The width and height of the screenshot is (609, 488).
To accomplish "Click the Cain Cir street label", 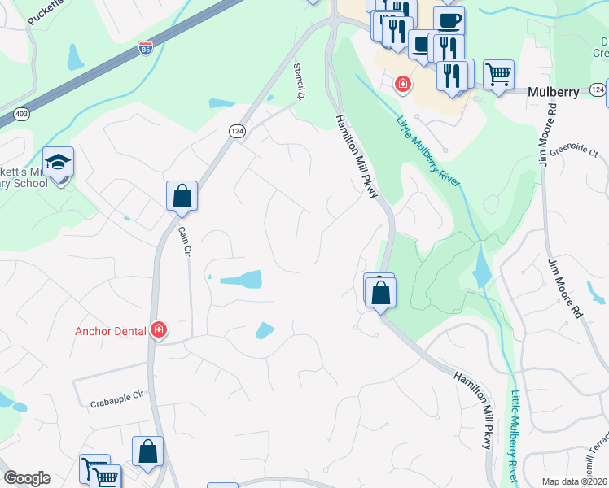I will click(184, 242).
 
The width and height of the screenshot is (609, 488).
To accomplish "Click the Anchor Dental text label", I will click(110, 331).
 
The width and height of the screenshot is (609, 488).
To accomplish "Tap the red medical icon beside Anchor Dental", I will click(159, 330).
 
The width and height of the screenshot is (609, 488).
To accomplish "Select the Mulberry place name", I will click(554, 92).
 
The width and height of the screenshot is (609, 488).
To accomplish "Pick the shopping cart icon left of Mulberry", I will click(498, 75).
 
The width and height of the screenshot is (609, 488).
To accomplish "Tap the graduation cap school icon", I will click(58, 163).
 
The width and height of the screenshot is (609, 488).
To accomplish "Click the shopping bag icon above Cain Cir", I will click(182, 196).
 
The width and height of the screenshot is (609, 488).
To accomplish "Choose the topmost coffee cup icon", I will click(448, 20).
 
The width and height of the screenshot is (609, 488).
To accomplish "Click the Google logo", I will click(27, 478).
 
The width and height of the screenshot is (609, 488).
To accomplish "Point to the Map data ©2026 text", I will click(574, 481).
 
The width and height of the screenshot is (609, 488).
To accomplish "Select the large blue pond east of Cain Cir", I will click(242, 280).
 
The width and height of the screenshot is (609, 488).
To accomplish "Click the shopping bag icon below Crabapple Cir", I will click(147, 452).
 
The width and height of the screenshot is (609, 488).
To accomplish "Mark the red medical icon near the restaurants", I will click(402, 84).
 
